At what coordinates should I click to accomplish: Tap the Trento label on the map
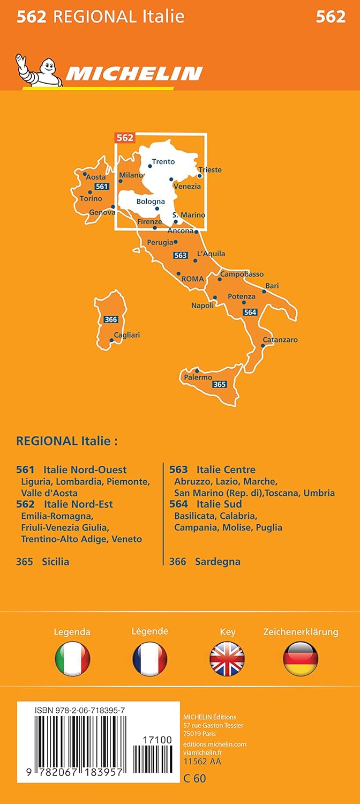163,161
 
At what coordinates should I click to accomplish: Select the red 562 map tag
124,138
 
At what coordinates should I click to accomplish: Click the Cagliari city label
127,335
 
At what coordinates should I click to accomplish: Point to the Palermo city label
198,377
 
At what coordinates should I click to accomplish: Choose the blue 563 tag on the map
181,256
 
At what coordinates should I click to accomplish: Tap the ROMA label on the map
193,279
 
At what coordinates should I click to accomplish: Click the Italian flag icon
72,659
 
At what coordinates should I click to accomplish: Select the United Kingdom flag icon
227,659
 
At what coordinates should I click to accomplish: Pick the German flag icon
301,659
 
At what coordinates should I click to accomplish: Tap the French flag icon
150,659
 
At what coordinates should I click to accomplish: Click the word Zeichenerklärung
301,632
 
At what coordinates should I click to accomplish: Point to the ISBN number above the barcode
80,710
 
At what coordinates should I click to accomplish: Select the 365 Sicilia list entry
43,562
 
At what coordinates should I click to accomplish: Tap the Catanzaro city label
280,340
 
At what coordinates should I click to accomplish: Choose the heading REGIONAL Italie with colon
67,441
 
